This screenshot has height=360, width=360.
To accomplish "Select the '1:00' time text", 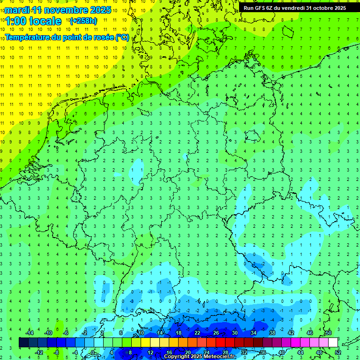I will tap(15, 21).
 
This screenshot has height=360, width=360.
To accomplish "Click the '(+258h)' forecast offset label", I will tap(83, 21).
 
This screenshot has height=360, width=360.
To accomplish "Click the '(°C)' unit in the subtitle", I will tap(122, 37).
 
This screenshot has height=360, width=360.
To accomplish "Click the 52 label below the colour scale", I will tap(338, 352).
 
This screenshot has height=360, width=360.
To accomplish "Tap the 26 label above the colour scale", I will tap(216, 333).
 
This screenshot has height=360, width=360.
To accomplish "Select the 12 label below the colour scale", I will tap(150, 352).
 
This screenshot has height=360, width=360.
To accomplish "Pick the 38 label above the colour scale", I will tap(272, 333).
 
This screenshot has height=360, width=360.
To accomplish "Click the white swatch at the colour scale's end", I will tap(333, 343).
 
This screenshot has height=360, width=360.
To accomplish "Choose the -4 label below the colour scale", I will tap(75, 352).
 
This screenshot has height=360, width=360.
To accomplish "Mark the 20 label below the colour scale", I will tap(187, 352).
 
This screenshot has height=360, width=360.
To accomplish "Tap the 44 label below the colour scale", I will tap(300, 352).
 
